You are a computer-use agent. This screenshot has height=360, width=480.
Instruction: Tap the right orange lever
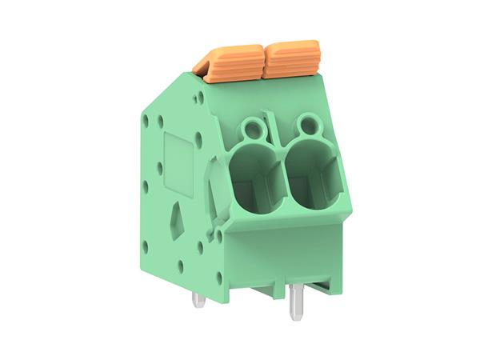[x=292, y=58]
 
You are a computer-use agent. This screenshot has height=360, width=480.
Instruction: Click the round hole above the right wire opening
[x=306, y=123]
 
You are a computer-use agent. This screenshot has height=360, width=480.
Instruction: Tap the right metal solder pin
[x=295, y=302]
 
